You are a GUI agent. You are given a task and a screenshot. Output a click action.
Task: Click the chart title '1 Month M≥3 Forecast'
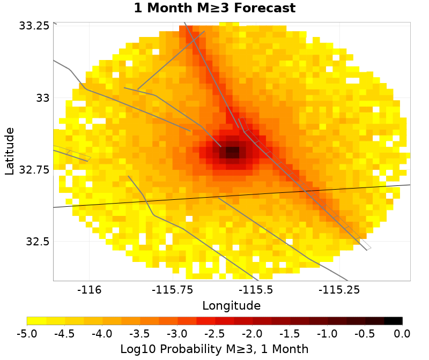point(214,9)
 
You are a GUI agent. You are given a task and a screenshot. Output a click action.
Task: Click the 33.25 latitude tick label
point(34,26)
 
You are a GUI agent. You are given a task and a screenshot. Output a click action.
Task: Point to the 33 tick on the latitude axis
point(41,98)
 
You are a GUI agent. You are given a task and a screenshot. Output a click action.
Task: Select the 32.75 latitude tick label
point(34,169)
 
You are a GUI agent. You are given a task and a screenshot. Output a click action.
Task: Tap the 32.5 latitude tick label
point(36,241)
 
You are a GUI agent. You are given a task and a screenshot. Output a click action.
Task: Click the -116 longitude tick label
point(89,290)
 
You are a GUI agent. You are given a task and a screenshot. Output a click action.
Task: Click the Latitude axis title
point(10,151)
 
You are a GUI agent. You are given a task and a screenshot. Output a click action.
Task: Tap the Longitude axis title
point(232,306)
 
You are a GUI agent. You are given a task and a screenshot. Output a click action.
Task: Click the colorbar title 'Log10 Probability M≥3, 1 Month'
point(214,349)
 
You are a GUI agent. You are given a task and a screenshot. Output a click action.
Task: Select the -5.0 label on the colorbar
point(27,334)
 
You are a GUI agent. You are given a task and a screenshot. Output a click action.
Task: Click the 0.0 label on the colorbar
point(402,334)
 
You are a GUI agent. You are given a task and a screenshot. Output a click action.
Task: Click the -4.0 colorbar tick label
point(102,334)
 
